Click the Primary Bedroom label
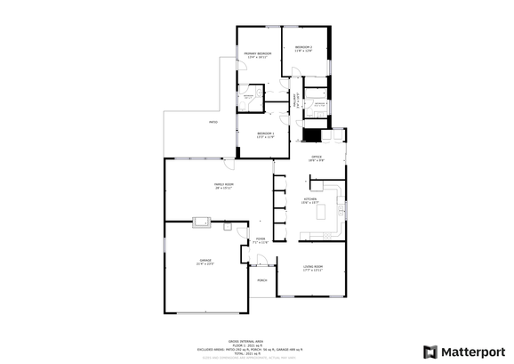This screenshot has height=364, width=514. pos(257,56)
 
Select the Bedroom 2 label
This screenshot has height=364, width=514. pos(303,48)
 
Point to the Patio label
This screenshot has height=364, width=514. pos(213,122)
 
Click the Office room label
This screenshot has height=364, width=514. pos(315,158)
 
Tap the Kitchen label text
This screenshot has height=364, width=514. pos(309,200)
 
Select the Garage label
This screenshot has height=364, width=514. pos(205,262)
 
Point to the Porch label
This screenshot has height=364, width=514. pos(262,280)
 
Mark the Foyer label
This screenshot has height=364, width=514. pos(261,240)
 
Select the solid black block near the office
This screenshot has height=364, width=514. pos(311,136)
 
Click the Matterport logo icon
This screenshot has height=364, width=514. pos(430,352)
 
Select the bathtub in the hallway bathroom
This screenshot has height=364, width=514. pos(316,90)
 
